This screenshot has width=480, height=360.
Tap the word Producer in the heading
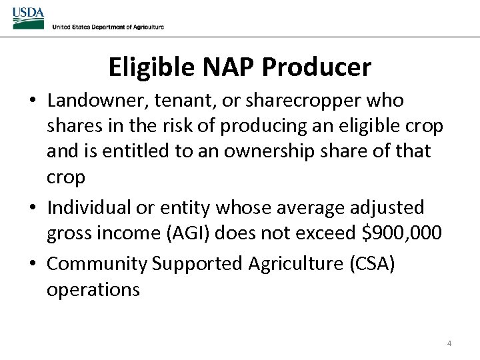click(x=317, y=67)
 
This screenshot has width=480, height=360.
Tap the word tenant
click(x=179, y=101)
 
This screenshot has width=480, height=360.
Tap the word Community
click(x=97, y=264)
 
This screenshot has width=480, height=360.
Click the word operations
click(x=93, y=289)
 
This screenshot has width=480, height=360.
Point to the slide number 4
click(x=449, y=343)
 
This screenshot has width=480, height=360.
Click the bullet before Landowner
click(x=33, y=101)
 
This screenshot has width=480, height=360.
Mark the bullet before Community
click(x=33, y=265)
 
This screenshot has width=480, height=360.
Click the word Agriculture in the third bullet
click(x=296, y=264)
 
